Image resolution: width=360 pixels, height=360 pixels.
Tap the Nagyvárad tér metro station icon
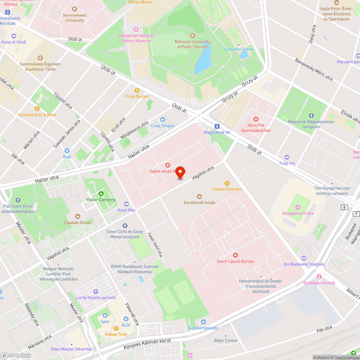[217, 126]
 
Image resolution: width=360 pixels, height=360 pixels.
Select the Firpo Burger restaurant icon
[137, 90]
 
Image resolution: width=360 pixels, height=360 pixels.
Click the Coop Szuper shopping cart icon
[163, 120]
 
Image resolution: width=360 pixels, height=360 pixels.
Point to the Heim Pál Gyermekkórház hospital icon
[256, 119]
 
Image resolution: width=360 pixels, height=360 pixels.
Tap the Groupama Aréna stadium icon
[297, 207]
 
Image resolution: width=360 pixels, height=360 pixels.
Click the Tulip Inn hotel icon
[287, 157]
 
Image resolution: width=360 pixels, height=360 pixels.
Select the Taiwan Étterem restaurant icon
[227, 183]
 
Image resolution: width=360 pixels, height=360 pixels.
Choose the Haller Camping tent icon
[101, 194]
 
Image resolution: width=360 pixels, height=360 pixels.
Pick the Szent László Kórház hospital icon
[235, 255]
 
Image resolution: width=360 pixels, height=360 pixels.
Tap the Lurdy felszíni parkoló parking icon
[95, 292]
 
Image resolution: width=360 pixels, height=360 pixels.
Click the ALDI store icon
[126, 319]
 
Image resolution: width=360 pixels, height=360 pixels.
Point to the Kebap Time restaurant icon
[116, 328]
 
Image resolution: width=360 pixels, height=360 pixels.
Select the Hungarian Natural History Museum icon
[136, 30]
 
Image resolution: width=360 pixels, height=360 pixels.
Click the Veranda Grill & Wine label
[37, 115]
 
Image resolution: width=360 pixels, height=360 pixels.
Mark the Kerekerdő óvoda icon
[199, 196]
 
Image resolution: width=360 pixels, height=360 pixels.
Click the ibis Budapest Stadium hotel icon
[303, 258]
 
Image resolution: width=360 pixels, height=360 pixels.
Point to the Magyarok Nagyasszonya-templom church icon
[311, 116]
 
